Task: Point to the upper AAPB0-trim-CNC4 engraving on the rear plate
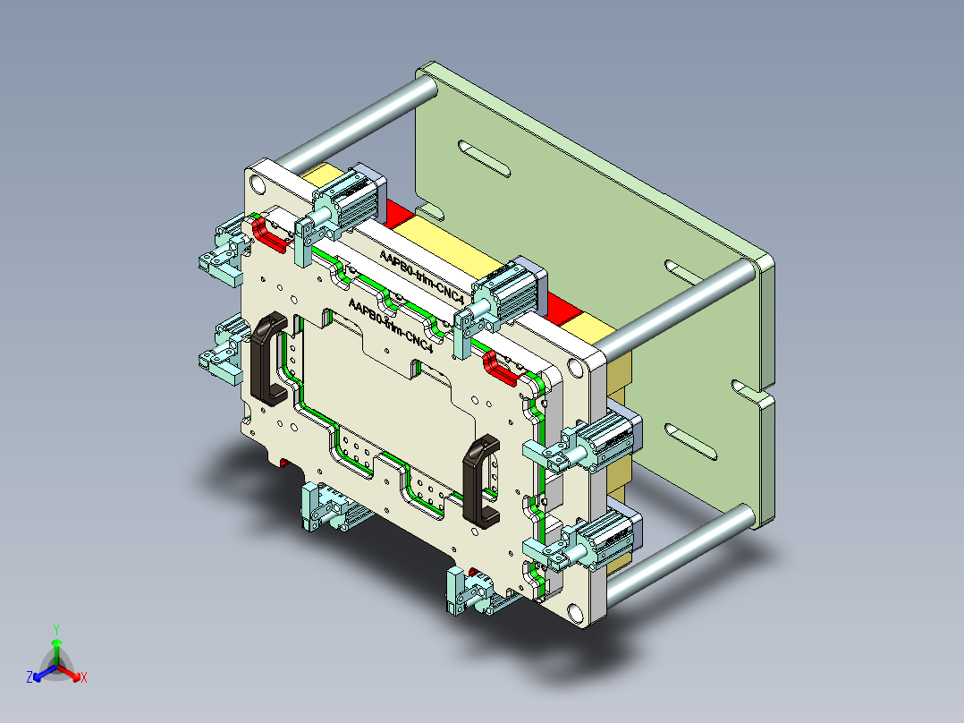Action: click(419, 278)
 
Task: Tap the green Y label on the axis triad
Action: click(55, 629)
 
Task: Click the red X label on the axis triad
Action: click(84, 678)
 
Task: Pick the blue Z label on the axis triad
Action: click(30, 678)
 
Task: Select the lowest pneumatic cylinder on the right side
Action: click(608, 537)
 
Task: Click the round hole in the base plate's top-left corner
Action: click(258, 184)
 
